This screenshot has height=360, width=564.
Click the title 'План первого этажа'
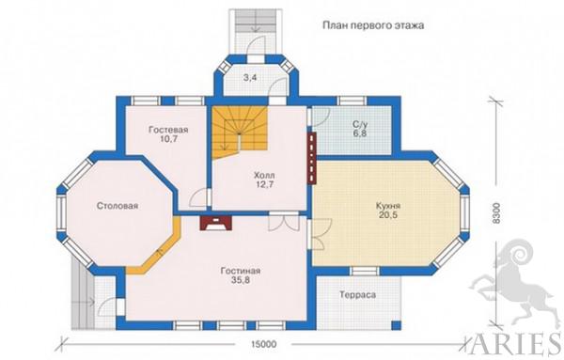point(373,25)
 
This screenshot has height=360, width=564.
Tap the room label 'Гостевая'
point(168,130)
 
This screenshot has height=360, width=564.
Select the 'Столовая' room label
point(117,206)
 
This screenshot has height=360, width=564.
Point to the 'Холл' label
point(264,176)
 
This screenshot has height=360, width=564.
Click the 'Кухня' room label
point(388,206)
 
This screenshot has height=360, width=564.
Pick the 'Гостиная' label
point(241,271)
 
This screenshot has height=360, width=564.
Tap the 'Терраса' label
point(357,295)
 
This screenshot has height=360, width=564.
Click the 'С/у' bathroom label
point(360,125)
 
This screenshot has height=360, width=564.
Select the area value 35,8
point(241,280)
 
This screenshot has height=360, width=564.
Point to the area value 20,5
point(388,215)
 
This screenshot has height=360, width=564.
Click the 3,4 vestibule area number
point(250,78)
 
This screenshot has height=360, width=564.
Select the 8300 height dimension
point(496,213)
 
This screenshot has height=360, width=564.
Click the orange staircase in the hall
point(240,132)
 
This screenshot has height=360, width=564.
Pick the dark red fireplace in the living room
point(216,223)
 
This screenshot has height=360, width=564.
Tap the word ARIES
point(515,345)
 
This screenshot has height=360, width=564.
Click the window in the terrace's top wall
point(364,271)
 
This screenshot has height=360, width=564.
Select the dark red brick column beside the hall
point(312,158)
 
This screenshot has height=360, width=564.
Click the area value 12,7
point(264,185)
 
